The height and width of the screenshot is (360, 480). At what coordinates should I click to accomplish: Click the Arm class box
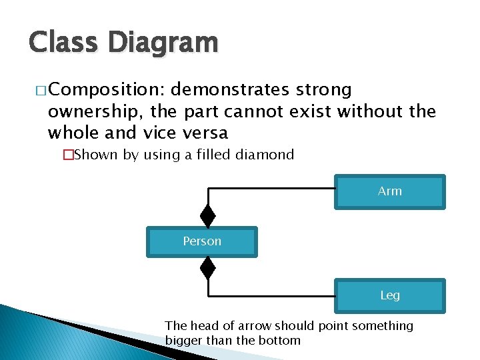tap(389, 192)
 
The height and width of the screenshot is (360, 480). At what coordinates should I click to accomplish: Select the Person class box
tap(201, 241)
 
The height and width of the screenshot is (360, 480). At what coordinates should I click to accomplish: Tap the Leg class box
tap(389, 295)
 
